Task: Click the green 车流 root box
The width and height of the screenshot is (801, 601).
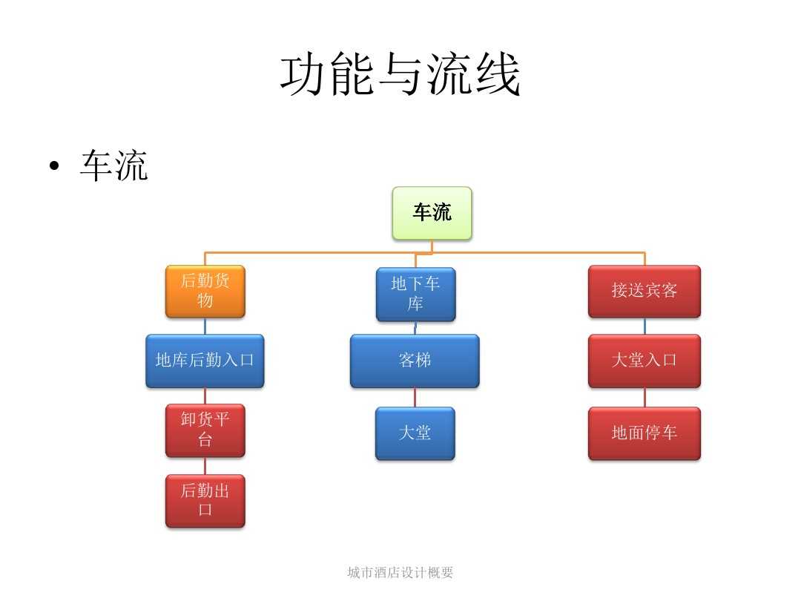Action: point(432,213)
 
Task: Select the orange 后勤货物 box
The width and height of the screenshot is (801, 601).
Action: point(205,291)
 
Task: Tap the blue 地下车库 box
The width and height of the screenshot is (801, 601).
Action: point(415,294)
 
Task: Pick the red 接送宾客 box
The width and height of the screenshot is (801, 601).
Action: point(644,291)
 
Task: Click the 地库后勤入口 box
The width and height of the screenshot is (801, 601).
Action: point(205,361)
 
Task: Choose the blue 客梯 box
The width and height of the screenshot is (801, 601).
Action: point(415,361)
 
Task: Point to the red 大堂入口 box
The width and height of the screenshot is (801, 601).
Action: point(644,361)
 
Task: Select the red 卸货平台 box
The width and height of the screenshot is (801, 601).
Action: point(205,430)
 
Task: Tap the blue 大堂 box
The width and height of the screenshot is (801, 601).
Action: point(415,433)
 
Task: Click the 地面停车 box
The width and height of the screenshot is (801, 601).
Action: point(644,433)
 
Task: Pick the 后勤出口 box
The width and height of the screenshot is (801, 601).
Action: point(205,500)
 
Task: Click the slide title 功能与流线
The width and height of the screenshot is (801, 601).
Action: point(400,75)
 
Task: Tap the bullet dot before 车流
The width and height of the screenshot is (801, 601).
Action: point(53,167)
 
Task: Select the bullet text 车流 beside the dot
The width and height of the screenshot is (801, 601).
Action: point(114,166)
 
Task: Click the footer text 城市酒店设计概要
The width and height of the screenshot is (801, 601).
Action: point(400,572)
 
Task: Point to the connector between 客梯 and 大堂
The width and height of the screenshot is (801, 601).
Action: point(415,397)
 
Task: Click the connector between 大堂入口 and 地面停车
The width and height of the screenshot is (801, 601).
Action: point(644,397)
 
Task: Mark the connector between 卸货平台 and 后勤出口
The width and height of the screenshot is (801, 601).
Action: point(205,465)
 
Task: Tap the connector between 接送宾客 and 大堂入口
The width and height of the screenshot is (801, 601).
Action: point(644,326)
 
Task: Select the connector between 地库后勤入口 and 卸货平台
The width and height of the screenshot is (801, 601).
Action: point(205,395)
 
